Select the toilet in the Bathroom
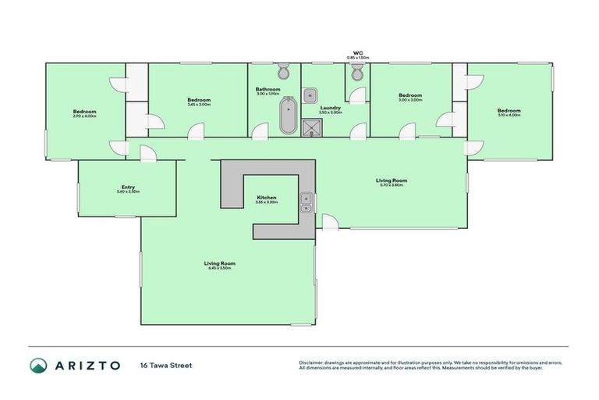point(284,73)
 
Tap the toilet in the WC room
point(356,73)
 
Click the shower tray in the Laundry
point(312,127)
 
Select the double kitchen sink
point(306,202)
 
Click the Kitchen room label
point(267,198)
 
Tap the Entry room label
point(128,187)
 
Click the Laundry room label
point(331,108)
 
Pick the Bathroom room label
point(268,89)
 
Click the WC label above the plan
point(358,54)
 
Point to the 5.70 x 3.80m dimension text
point(393,185)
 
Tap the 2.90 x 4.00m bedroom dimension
point(84,116)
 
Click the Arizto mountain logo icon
point(38,365)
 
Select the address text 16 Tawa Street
point(166,365)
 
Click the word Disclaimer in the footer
point(313,362)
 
